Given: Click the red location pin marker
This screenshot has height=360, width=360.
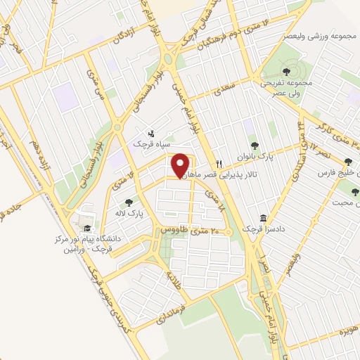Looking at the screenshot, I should (x=180, y=165).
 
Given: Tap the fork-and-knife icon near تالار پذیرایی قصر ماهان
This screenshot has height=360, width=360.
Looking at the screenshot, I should (x=219, y=163).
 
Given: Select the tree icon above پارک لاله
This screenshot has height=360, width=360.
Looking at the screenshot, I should (x=129, y=202).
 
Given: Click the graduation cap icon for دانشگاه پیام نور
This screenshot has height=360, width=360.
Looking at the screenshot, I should (x=87, y=228).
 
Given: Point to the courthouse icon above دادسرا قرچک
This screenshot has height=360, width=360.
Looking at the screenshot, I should (x=263, y=219).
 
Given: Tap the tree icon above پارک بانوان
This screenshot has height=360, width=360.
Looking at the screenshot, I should (x=254, y=146).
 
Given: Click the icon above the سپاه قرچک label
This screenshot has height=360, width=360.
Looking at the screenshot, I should (x=152, y=134).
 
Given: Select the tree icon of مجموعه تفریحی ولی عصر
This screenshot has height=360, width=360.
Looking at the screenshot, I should (x=285, y=72).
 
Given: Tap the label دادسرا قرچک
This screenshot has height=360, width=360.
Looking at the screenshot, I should (x=256, y=229).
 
